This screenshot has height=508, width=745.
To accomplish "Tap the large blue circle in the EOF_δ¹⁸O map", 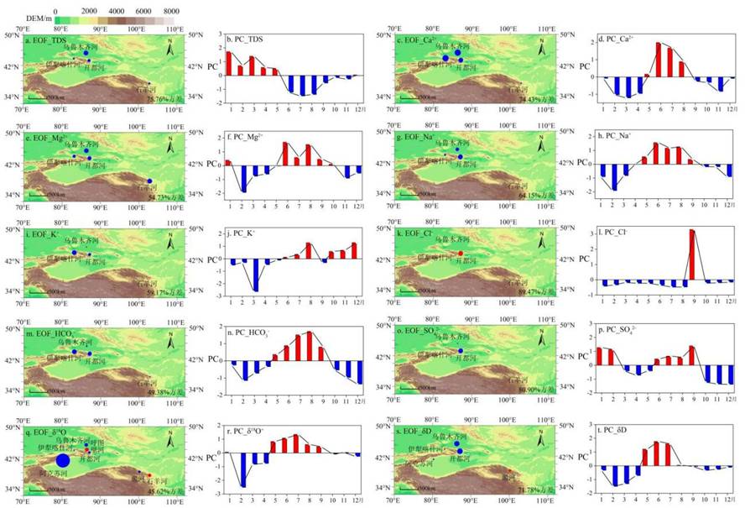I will (62, 460).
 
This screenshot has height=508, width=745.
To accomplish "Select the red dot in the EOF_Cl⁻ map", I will (461, 254).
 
